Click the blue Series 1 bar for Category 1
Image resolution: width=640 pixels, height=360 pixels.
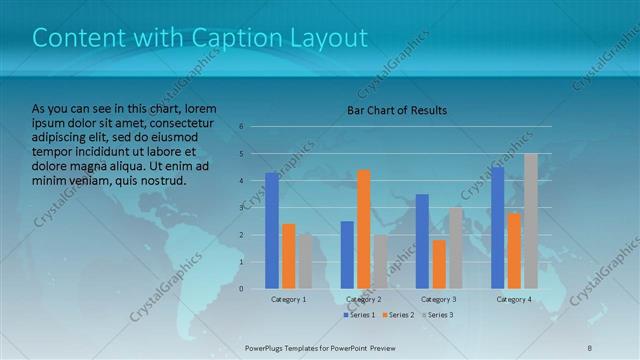(272, 230)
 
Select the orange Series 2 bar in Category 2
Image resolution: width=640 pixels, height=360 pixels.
(363, 229)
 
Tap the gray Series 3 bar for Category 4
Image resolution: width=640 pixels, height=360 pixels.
(531, 221)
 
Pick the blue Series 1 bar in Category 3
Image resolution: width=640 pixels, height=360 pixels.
(422, 241)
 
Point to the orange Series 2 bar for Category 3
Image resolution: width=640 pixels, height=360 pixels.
(439, 264)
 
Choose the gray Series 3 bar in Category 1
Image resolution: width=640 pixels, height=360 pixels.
(305, 261)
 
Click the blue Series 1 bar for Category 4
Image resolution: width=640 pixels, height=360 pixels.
(498, 227)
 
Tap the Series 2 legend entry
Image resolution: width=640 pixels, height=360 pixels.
(398, 315)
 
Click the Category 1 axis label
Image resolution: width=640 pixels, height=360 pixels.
(289, 299)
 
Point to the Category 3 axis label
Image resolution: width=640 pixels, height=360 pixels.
(439, 299)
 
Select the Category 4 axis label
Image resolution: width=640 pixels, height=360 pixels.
(514, 299)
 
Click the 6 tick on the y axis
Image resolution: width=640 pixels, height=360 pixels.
(242, 127)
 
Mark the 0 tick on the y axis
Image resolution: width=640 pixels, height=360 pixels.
(242, 289)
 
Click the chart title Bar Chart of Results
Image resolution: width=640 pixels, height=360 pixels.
(397, 110)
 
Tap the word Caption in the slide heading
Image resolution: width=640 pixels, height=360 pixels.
(233, 38)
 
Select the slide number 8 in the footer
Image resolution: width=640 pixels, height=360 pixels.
(590, 346)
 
